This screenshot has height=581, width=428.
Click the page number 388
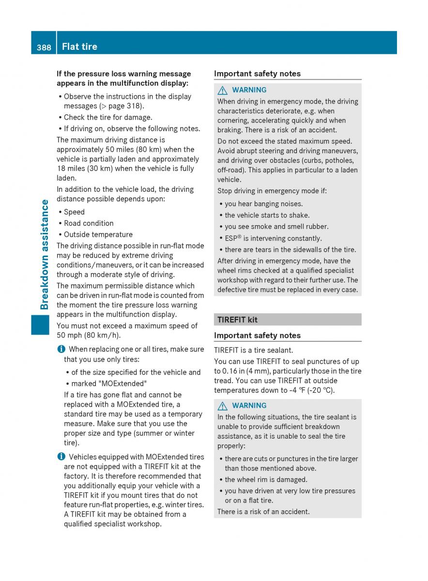44,47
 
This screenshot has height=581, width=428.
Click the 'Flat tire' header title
79,46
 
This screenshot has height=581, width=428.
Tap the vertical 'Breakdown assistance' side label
45,254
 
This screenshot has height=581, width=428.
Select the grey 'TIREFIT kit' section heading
237,320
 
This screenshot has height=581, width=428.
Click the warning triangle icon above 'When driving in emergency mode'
223,90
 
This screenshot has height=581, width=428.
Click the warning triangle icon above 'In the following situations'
223,406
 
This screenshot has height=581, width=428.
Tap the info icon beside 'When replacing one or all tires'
60,349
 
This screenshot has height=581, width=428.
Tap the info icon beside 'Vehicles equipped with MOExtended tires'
60,457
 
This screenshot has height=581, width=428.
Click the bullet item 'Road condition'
89,223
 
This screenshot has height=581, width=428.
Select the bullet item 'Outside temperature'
98,234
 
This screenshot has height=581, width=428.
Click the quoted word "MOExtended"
109,383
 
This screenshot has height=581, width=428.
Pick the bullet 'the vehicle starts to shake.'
267,215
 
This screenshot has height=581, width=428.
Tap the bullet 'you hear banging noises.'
263,204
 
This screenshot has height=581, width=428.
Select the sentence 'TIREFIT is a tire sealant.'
254,350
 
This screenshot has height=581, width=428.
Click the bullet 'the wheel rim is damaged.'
266,479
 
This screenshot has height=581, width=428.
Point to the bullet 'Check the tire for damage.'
108,117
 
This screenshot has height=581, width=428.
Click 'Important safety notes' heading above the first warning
257,74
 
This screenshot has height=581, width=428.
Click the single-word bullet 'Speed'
74,212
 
